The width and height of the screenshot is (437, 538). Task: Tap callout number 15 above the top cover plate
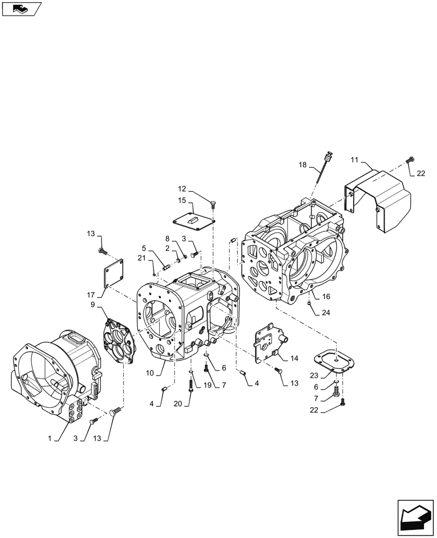point(182,200)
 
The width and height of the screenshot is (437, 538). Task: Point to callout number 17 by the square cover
point(89,295)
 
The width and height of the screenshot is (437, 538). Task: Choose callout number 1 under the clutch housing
point(50,438)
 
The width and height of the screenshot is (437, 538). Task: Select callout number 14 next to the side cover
point(294,358)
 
